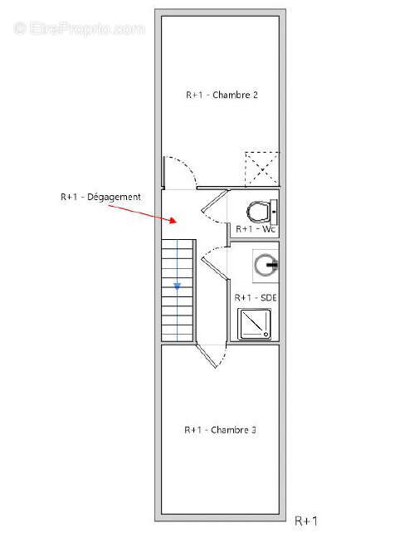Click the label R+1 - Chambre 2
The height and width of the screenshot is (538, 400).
pos(221,95)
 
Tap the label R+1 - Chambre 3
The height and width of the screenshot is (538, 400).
pos(219,430)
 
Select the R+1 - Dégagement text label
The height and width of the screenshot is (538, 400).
pos(100,197)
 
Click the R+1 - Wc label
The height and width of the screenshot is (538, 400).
pos(256,228)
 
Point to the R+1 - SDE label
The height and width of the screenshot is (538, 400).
pos(256,297)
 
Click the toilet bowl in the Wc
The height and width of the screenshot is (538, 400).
pos(260,208)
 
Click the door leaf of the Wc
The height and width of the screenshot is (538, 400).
pos(213,203)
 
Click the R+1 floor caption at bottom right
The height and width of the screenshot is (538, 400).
pos(306,521)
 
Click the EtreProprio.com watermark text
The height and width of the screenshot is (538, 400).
pos(79,28)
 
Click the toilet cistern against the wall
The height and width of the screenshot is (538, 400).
pos(275,209)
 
